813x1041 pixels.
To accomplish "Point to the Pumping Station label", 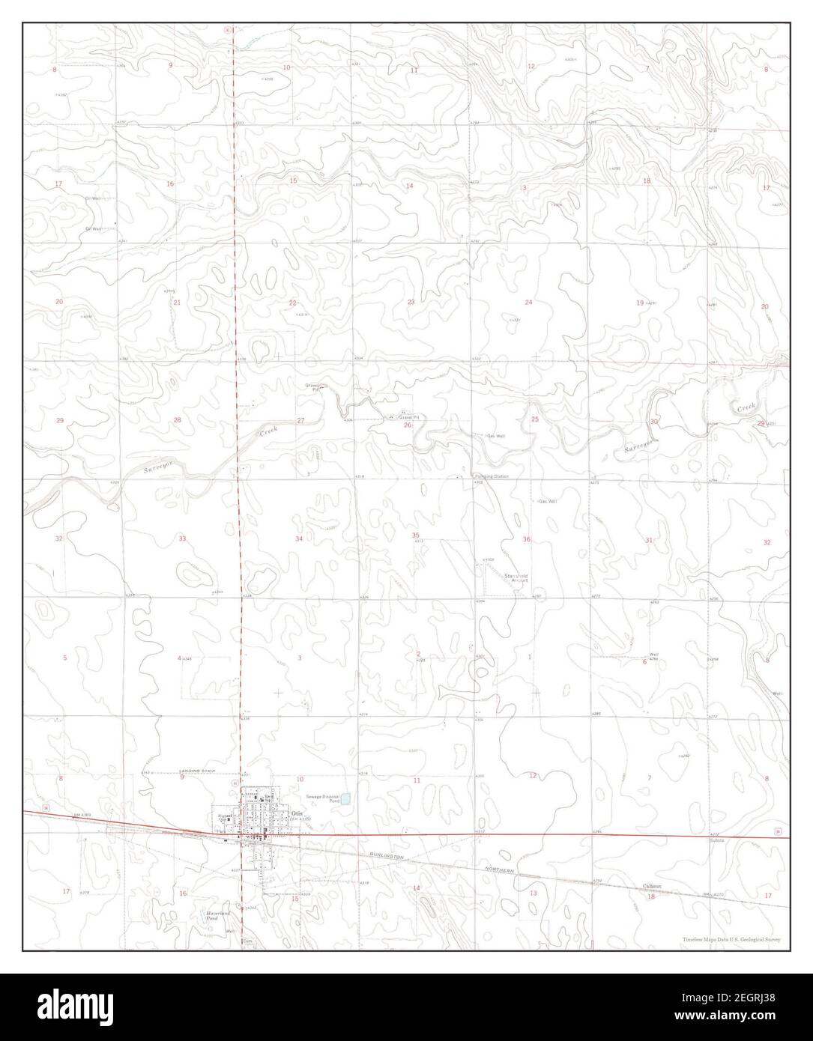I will pyautogui.click(x=491, y=476).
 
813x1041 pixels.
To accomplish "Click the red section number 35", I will pyautogui.click(x=416, y=535).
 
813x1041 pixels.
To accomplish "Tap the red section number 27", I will pyautogui.click(x=300, y=421).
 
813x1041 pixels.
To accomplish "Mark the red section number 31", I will pyautogui.click(x=649, y=540).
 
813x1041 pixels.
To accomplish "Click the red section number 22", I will pyautogui.click(x=293, y=303).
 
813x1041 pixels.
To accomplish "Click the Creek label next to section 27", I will pyautogui.click(x=269, y=432).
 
